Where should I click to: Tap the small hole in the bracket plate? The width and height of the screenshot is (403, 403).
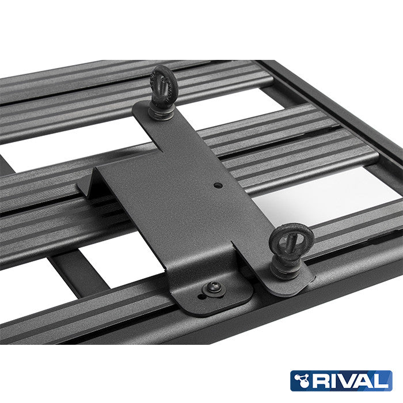pyautogui.click(x=218, y=185)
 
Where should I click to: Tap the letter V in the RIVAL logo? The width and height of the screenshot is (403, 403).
pyautogui.click(x=348, y=381)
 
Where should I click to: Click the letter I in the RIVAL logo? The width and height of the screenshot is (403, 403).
pyautogui.click(x=333, y=381)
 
